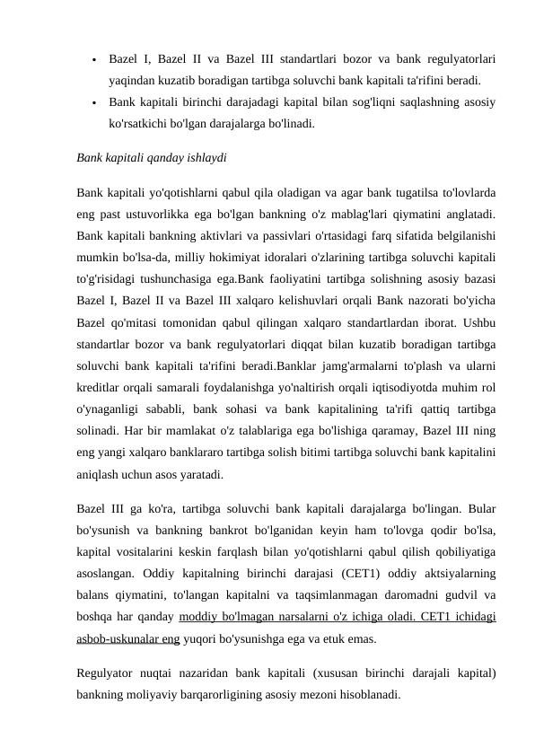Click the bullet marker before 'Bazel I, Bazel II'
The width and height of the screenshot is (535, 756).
coord(93,60)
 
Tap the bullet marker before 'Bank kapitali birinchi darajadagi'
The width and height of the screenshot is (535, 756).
coord(93,101)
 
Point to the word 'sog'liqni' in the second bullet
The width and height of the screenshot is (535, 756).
coord(333,101)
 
